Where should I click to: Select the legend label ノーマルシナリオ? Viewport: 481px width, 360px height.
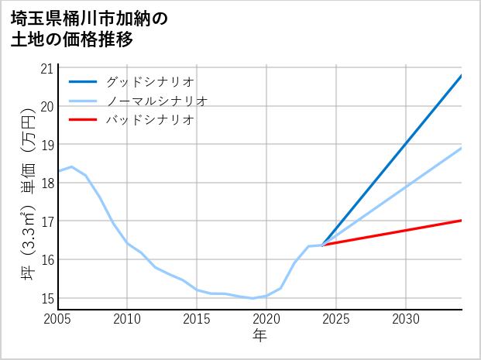tap(157, 101)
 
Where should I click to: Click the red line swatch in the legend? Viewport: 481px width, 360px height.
tap(83, 120)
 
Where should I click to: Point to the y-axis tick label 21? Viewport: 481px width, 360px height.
tap(47, 68)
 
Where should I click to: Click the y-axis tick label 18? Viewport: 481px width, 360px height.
tap(47, 183)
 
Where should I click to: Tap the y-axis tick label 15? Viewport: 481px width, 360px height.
tap(47, 298)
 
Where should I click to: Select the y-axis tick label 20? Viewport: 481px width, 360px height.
tap(47, 106)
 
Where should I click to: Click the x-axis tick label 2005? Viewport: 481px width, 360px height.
tap(58, 319)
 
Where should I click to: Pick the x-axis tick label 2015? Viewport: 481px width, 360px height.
tap(197, 319)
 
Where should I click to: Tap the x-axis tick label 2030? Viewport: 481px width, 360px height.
tap(406, 319)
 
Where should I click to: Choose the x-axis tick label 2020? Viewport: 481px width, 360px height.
tap(266, 319)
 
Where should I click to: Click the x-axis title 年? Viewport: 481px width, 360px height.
tap(259, 335)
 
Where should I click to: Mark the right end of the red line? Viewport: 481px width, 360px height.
tap(462, 221)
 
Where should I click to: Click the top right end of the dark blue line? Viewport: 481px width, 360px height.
tap(462, 75)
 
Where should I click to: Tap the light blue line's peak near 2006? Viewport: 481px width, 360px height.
tap(71, 166)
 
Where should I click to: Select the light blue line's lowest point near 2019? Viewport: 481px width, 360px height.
tap(253, 298)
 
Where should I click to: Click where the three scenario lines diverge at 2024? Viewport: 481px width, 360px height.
tap(322, 245)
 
